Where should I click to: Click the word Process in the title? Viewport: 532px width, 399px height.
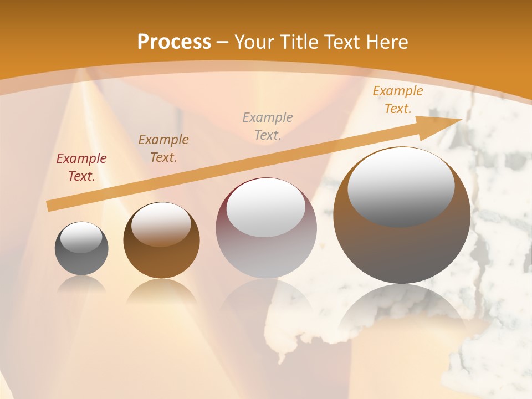click(x=174, y=42)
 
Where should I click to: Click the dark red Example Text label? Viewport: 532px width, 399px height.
click(x=81, y=167)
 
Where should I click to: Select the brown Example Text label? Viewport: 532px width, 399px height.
click(x=163, y=148)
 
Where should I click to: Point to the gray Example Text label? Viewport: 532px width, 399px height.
click(x=268, y=126)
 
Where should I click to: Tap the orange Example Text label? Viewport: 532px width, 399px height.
click(x=397, y=100)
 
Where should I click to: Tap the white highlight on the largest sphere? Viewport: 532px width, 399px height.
click(x=401, y=187)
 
